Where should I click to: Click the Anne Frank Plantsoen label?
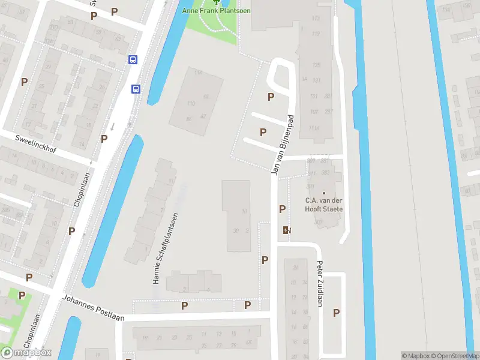[217, 11]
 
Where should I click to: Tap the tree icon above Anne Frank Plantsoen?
[217, 2]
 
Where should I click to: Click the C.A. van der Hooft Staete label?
[324, 205]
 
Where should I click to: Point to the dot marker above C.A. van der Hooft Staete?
[324, 193]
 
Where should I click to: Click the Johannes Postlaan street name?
[93, 308]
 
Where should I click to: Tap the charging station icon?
[286, 229]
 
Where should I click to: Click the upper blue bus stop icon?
[133, 59]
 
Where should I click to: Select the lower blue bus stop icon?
[136, 89]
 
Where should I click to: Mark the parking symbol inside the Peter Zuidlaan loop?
[336, 313]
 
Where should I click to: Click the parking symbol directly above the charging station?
[282, 209]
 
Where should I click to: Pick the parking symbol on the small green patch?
[22, 295]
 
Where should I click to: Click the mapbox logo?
[26, 352]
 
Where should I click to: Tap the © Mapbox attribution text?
[416, 356]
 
